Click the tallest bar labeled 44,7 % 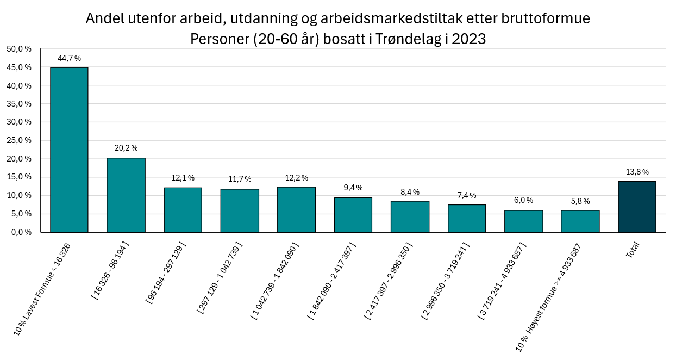point(69,150)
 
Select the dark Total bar point(637,207)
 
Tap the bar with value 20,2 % point(126,195)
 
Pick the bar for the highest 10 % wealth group point(580,221)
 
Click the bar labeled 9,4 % point(353,214)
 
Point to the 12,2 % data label point(296,178)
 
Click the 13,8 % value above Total point(637,172)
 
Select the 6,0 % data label point(523,201)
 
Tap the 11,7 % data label point(239,179)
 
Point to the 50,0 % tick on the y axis point(19,49)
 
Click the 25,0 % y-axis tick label point(19,140)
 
